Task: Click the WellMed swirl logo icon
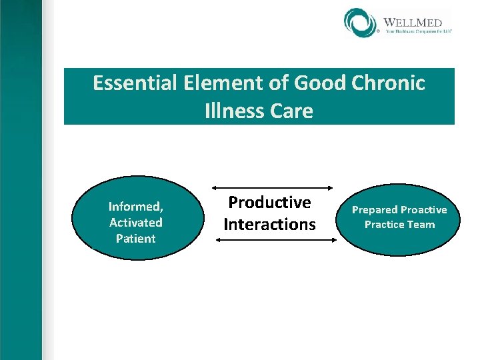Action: (361, 23)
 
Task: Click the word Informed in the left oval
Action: (136, 206)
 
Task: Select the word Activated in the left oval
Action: (136, 222)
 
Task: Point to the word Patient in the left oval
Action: (136, 238)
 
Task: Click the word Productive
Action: (269, 202)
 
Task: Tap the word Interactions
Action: (269, 224)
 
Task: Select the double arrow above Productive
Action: (275, 187)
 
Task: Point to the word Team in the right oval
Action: (422, 225)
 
